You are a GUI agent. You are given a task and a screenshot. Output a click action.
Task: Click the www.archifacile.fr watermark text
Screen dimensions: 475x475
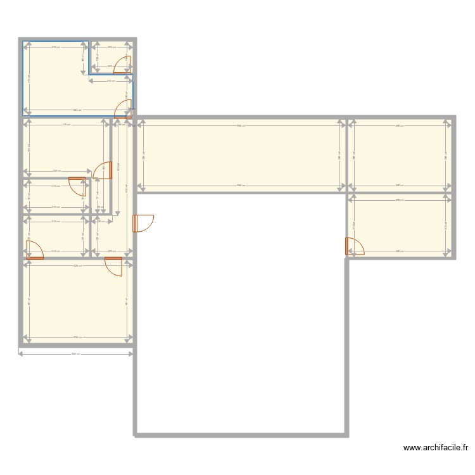(x=436, y=448)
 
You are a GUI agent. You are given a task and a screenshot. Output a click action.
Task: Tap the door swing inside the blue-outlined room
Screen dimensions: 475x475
(x=122, y=111)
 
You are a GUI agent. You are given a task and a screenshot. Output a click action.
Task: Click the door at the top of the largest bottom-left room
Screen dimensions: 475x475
(x=114, y=267)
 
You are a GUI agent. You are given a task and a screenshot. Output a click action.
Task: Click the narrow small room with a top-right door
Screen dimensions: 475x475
(x=54, y=196)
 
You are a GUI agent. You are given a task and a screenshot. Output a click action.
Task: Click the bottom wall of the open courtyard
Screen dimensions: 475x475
(x=241, y=435)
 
